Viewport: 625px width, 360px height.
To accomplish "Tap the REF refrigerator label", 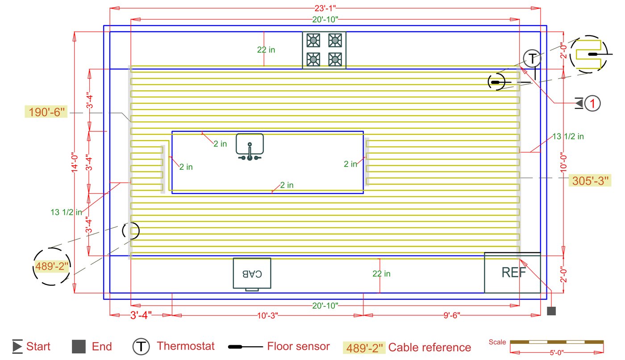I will click(513, 272).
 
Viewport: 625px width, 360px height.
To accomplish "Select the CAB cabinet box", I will click(252, 273).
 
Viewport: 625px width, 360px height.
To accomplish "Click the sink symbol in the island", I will click(250, 147).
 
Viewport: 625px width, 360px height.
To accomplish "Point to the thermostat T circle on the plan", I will click(532, 59).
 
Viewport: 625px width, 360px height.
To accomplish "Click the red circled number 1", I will click(592, 104).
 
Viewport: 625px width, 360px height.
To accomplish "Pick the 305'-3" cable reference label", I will click(590, 180).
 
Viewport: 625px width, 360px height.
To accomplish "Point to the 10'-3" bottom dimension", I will click(268, 315).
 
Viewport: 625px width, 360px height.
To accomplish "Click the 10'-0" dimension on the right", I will click(564, 163).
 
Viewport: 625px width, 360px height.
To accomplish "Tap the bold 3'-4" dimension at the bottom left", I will click(141, 315).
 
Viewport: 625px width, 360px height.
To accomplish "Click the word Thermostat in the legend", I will click(185, 346).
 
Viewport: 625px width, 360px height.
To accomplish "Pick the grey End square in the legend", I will click(79, 347).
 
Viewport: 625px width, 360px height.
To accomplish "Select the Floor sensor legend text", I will click(298, 346).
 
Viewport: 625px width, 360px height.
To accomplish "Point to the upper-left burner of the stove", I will click(314, 41).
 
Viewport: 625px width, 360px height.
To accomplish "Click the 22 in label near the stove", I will click(266, 50).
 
